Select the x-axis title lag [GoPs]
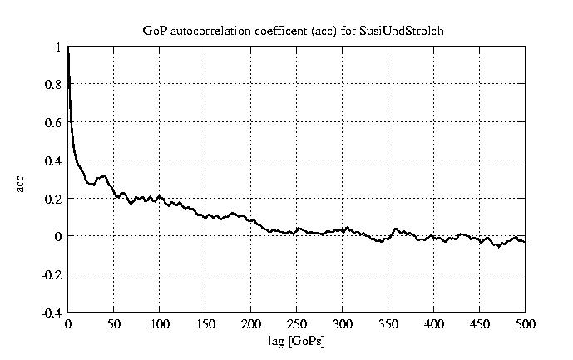(296, 339)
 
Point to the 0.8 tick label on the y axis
(53, 85)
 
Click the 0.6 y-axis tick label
(53, 123)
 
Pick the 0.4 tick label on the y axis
(53, 160)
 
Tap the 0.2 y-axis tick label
(53, 199)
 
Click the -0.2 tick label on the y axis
(52, 274)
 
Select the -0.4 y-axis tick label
(52, 313)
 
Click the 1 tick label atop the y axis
(58, 47)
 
